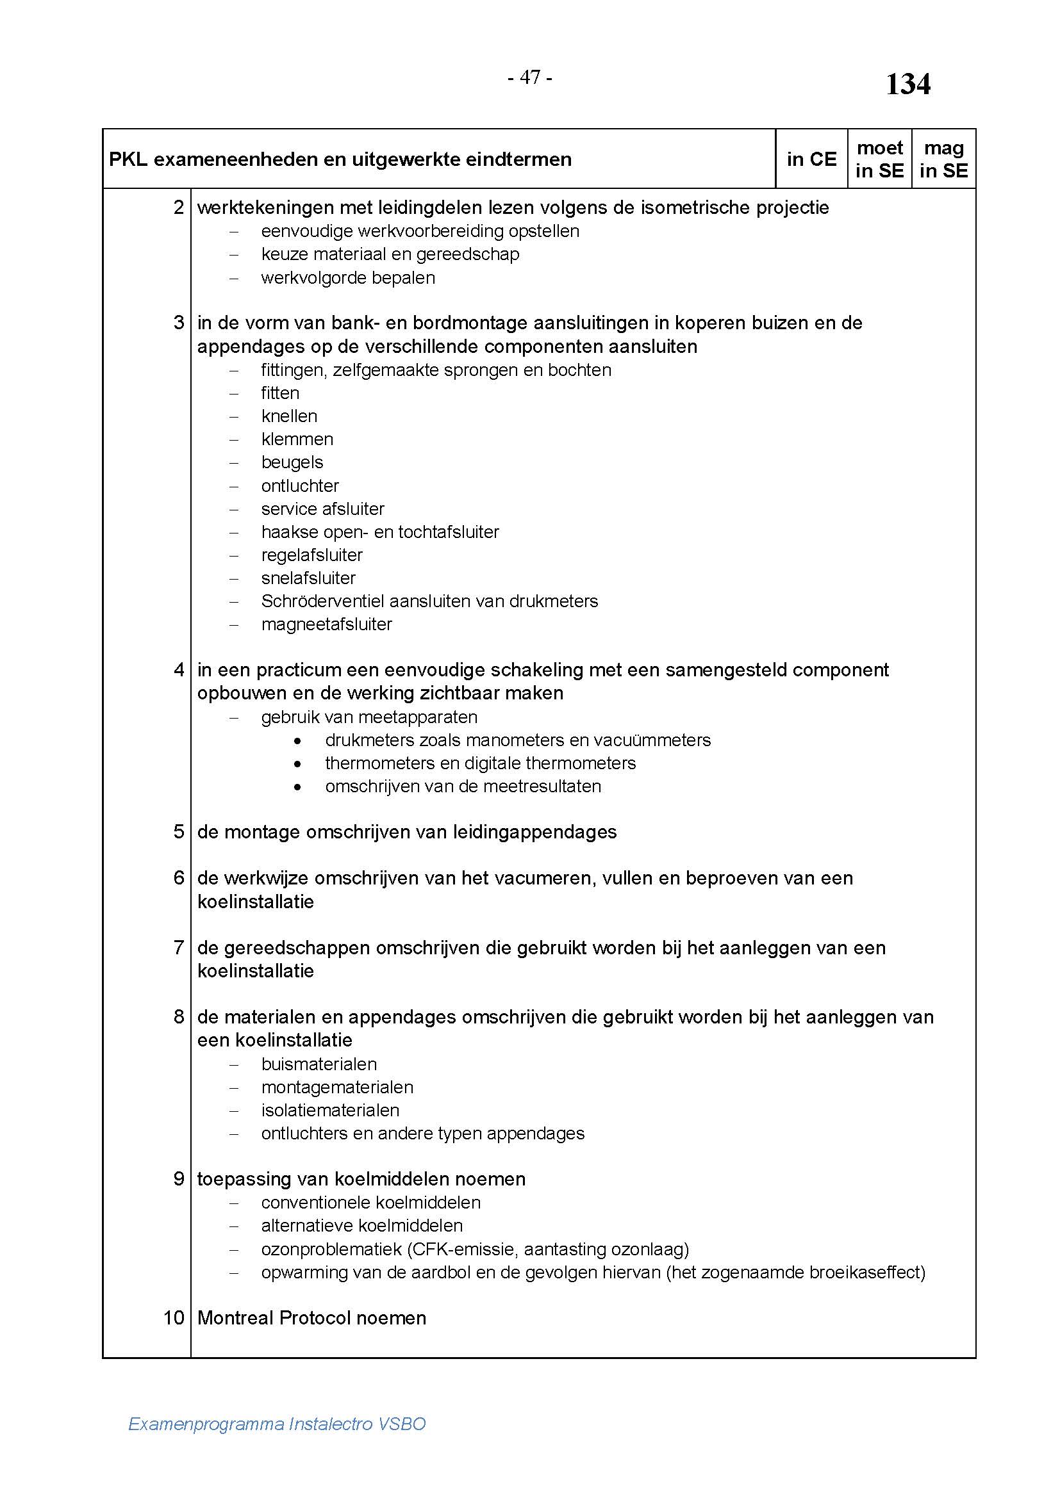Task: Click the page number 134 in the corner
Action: (907, 85)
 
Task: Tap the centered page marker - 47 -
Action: (529, 77)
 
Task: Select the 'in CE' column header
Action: (811, 159)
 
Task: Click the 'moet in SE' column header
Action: (879, 159)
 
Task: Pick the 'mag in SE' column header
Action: (943, 159)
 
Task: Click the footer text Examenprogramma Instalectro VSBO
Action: (277, 1424)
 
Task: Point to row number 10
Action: (174, 1317)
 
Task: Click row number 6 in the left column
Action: (179, 877)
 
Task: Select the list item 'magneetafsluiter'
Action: (326, 624)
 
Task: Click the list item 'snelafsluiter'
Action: (308, 578)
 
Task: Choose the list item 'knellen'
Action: (289, 416)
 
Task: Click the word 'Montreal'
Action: (236, 1317)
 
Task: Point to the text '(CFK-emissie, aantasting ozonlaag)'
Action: (547, 1249)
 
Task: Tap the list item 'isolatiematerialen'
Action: (330, 1110)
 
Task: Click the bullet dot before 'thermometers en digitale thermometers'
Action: (297, 763)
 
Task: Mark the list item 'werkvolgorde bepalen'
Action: (348, 278)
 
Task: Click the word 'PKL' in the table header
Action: (128, 159)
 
